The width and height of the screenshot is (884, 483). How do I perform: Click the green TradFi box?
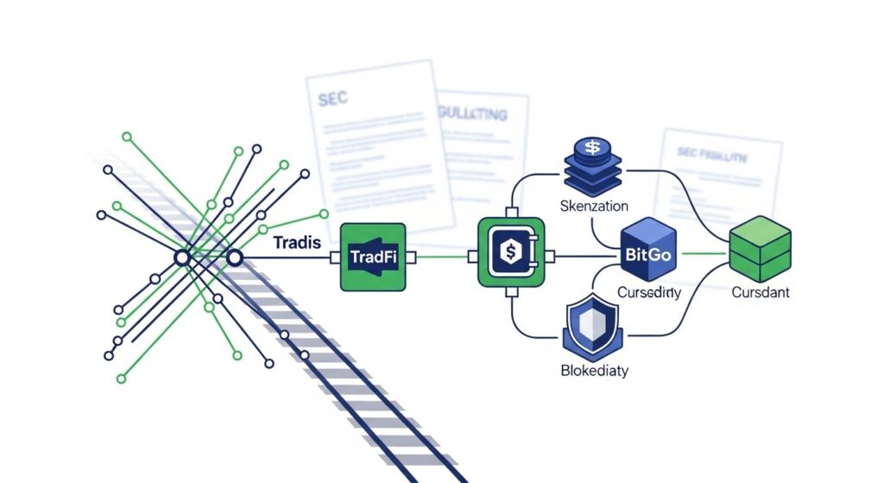(374, 256)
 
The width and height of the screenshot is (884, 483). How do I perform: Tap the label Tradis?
(297, 243)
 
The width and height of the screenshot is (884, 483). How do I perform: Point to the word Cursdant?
(761, 293)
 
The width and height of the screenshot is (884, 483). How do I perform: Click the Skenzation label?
(594, 207)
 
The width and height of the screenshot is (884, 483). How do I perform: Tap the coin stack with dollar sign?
(593, 163)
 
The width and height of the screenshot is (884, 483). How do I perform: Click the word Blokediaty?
(594, 372)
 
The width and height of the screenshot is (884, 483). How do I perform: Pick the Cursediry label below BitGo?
(648, 293)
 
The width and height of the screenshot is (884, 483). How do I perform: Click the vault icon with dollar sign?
(511, 255)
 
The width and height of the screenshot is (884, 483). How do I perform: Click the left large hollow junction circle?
(182, 257)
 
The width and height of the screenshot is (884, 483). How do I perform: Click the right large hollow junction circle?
(233, 257)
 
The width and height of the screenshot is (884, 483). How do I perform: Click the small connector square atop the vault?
(511, 213)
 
